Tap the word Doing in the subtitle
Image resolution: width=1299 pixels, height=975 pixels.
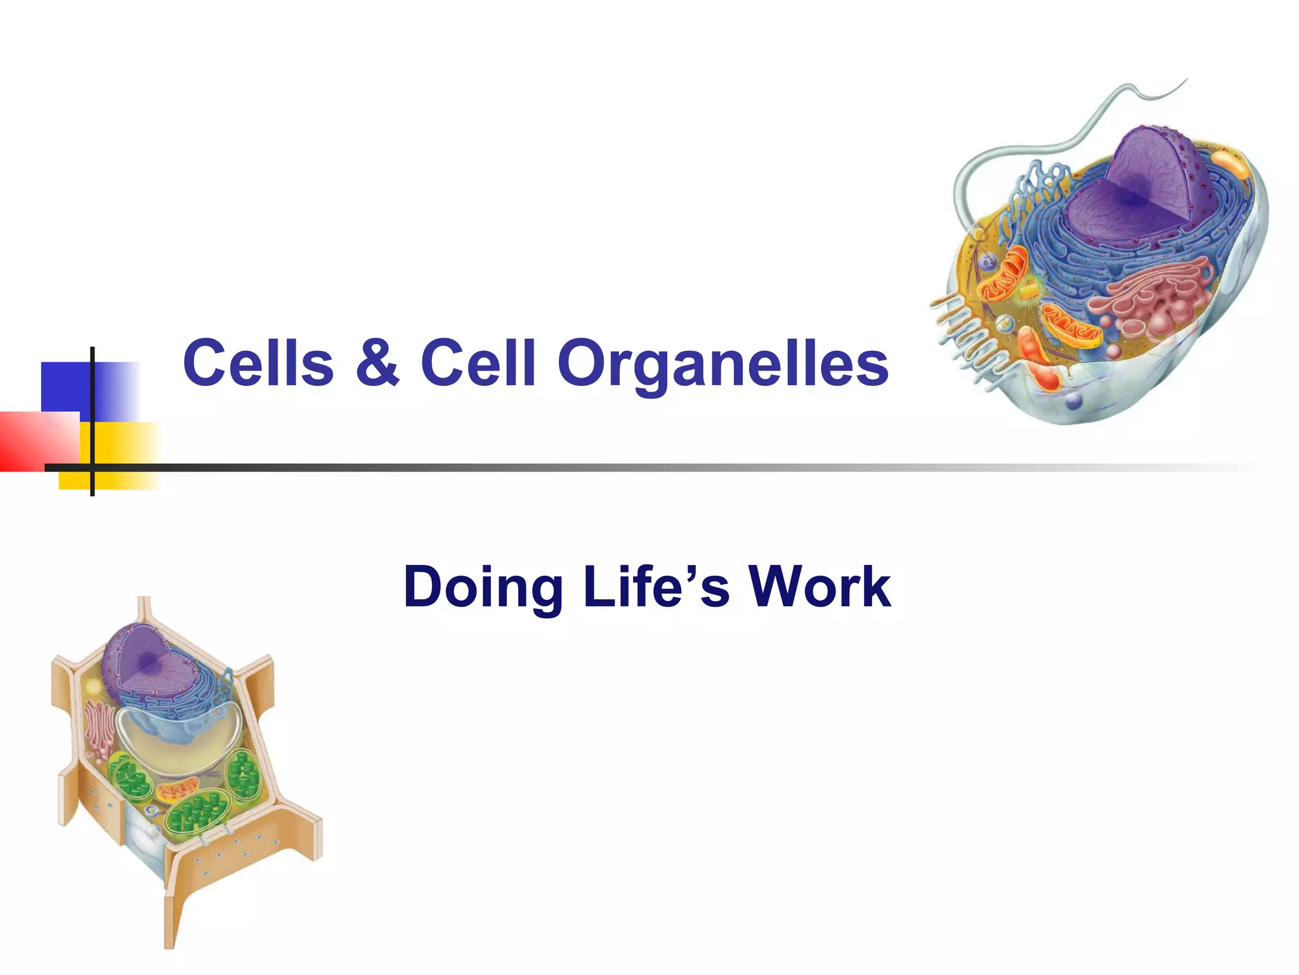pos(482,587)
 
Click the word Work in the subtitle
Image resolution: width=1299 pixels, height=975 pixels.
pos(819,587)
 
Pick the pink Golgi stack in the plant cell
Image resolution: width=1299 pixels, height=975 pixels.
pos(99,730)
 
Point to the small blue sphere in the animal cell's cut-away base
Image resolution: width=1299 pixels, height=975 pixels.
pos(1073,401)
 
